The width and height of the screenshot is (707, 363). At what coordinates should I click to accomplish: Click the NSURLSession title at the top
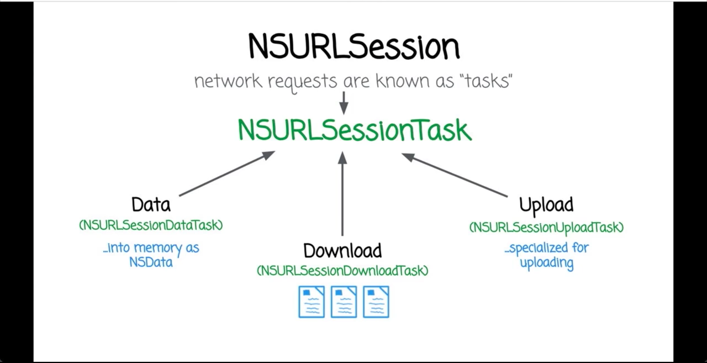353,46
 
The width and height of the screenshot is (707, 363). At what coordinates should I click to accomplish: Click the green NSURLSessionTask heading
355,130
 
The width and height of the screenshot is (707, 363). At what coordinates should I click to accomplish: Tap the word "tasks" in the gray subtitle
487,81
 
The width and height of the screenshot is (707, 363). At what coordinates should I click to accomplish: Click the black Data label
151,204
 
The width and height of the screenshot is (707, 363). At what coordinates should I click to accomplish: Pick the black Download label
342,250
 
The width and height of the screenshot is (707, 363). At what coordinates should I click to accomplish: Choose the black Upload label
546,204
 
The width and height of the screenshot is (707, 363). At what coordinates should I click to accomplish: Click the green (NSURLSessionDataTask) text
151,225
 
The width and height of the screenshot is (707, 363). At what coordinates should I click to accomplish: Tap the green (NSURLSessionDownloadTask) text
342,270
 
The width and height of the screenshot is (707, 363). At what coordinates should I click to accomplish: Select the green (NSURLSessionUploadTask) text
546,227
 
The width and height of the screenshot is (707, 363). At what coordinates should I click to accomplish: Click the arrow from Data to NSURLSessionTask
226,173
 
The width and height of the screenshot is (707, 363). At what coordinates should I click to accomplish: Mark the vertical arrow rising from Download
342,193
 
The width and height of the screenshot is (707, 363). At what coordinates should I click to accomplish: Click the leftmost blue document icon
312,302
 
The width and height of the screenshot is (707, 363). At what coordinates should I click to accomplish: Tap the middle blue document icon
344,302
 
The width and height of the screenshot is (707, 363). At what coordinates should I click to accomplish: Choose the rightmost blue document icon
376,302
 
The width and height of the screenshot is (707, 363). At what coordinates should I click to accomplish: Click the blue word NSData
151,262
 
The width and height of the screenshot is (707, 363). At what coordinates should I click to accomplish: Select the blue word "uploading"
546,262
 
